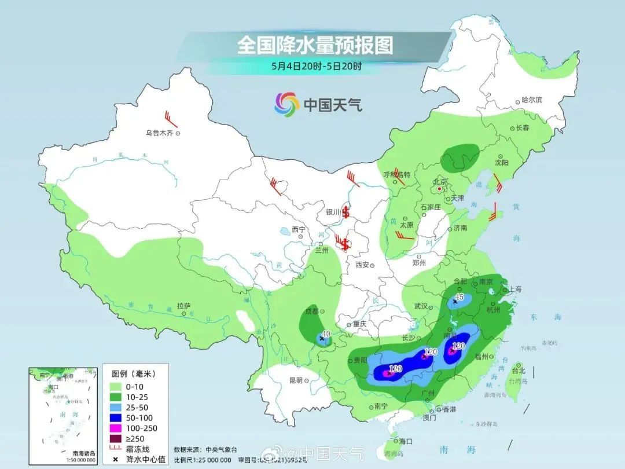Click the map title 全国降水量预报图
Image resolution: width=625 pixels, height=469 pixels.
[315, 45]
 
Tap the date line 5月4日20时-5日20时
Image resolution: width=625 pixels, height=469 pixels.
[316, 66]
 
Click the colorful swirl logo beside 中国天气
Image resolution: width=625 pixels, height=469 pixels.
[286, 104]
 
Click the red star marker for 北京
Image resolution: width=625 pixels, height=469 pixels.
[440, 189]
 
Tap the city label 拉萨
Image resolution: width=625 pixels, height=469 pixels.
[183, 305]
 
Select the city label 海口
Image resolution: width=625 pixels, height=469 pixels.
[405, 441]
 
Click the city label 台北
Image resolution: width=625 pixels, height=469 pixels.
[518, 371]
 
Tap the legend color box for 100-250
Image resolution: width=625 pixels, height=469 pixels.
[114, 428]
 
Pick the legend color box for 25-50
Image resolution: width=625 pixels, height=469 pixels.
[114, 408]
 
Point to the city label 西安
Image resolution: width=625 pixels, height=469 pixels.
[362, 265]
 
